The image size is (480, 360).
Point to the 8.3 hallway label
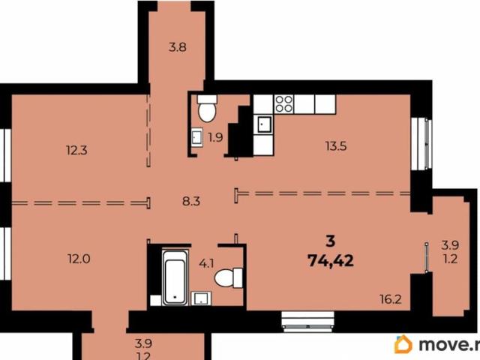click(192, 200)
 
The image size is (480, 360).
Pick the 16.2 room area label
click(391, 298)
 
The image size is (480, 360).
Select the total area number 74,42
click(331, 260)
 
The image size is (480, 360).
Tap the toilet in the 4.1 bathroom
click(227, 278)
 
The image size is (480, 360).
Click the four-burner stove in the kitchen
click(283, 103)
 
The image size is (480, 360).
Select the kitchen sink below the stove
click(265, 123)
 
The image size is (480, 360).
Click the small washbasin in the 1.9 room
click(196, 137)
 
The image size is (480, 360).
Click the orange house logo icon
click(403, 344)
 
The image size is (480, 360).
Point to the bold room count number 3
click(330, 241)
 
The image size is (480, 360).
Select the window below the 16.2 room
click(309, 319)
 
